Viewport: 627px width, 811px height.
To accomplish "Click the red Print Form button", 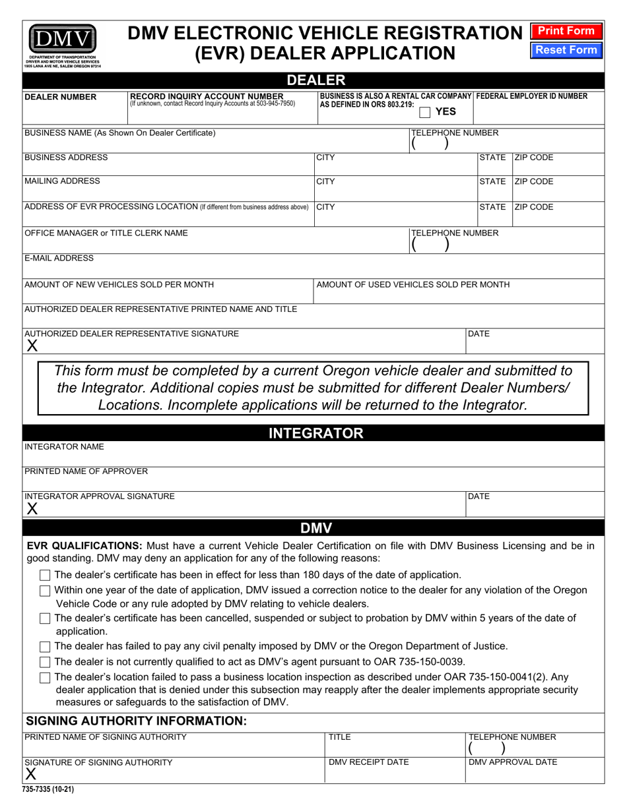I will (566, 31).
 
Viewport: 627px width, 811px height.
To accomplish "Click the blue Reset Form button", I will (566, 50).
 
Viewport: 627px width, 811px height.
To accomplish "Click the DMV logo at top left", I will (61, 41).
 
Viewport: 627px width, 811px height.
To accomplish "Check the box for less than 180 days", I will (45, 575).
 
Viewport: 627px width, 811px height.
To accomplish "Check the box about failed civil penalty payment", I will (45, 646).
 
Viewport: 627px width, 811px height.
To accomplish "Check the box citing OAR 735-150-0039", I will (45, 662).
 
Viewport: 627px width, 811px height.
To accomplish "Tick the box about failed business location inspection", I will (45, 677).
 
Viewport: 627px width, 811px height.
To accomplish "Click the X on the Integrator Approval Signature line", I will (32, 508).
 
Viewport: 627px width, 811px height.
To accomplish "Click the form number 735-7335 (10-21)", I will (48, 788).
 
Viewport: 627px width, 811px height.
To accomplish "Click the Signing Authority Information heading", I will (136, 721).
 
